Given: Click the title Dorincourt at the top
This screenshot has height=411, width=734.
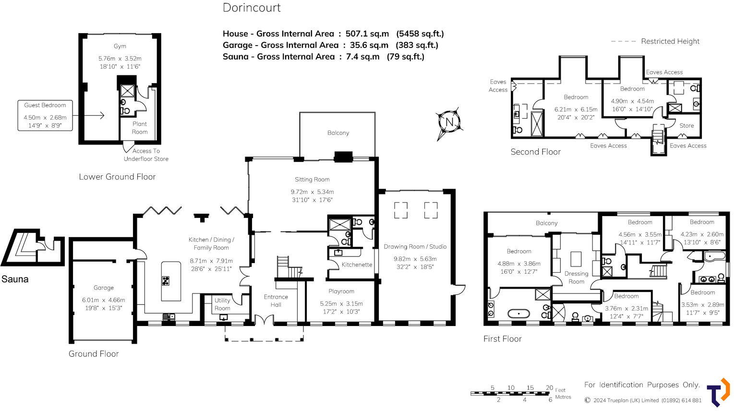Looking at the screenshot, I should pyautogui.click(x=252, y=8).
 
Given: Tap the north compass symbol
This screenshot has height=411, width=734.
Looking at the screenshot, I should pyautogui.click(x=449, y=122).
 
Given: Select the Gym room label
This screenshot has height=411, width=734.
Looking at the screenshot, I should pyautogui.click(x=120, y=46).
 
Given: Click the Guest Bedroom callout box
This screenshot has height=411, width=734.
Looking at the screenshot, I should pyautogui.click(x=45, y=116).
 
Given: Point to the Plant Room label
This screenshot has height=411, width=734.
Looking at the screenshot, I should pyautogui.click(x=140, y=128).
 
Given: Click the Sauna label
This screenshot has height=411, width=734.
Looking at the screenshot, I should pyautogui.click(x=15, y=279).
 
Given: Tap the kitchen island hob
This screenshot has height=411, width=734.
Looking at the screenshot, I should pyautogui.click(x=166, y=281).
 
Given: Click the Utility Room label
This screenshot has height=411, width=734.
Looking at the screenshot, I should pyautogui.click(x=222, y=304).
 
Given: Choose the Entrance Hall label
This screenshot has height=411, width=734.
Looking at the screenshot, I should pyautogui.click(x=276, y=301).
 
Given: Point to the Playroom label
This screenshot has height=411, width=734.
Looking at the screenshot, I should pyautogui.click(x=341, y=291).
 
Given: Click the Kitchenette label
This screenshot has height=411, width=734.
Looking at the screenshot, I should pyautogui.click(x=357, y=265).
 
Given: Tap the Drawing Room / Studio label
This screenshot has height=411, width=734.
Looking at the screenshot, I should pyautogui.click(x=415, y=247).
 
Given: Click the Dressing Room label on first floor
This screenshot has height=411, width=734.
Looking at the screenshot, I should pyautogui.click(x=576, y=278).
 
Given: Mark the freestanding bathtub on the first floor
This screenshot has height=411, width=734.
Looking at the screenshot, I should pyautogui.click(x=518, y=314).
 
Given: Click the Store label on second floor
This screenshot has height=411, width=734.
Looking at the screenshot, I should pyautogui.click(x=686, y=126).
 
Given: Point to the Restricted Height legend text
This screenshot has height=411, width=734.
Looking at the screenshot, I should pyautogui.click(x=670, y=41).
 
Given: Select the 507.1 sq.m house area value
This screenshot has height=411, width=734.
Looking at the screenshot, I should pyautogui.click(x=367, y=34).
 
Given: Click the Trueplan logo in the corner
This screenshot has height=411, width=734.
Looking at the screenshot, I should pyautogui.click(x=718, y=393).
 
